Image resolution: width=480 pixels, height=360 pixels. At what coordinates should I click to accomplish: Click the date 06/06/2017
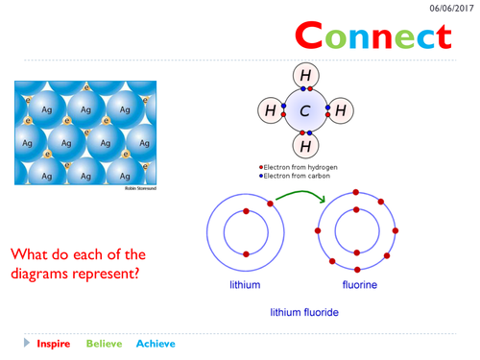pyautogui.click(x=448, y=8)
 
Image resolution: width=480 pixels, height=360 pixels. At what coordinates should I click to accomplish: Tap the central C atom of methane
pyautogui.click(x=305, y=110)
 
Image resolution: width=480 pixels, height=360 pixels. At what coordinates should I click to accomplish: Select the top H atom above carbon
pyautogui.click(x=305, y=76)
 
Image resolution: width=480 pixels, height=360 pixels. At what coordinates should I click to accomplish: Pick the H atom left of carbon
pyautogui.click(x=271, y=110)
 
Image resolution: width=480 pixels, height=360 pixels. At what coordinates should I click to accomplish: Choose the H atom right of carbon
pyautogui.click(x=340, y=110)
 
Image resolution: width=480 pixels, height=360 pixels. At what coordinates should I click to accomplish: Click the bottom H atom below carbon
pyautogui.click(x=305, y=146)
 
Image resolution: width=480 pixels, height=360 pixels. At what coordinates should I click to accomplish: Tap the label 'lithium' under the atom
pyautogui.click(x=244, y=285)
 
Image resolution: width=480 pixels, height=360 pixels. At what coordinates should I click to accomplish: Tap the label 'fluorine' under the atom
pyautogui.click(x=360, y=285)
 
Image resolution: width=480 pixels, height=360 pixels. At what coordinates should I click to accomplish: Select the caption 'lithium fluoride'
pyautogui.click(x=303, y=312)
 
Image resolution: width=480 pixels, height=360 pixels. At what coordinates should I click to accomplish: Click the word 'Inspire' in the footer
pyautogui.click(x=54, y=344)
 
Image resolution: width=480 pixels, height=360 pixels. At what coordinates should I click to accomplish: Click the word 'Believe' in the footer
pyautogui.click(x=105, y=344)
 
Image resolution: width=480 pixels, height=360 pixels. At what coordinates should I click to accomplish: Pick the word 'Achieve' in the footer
pyautogui.click(x=156, y=344)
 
